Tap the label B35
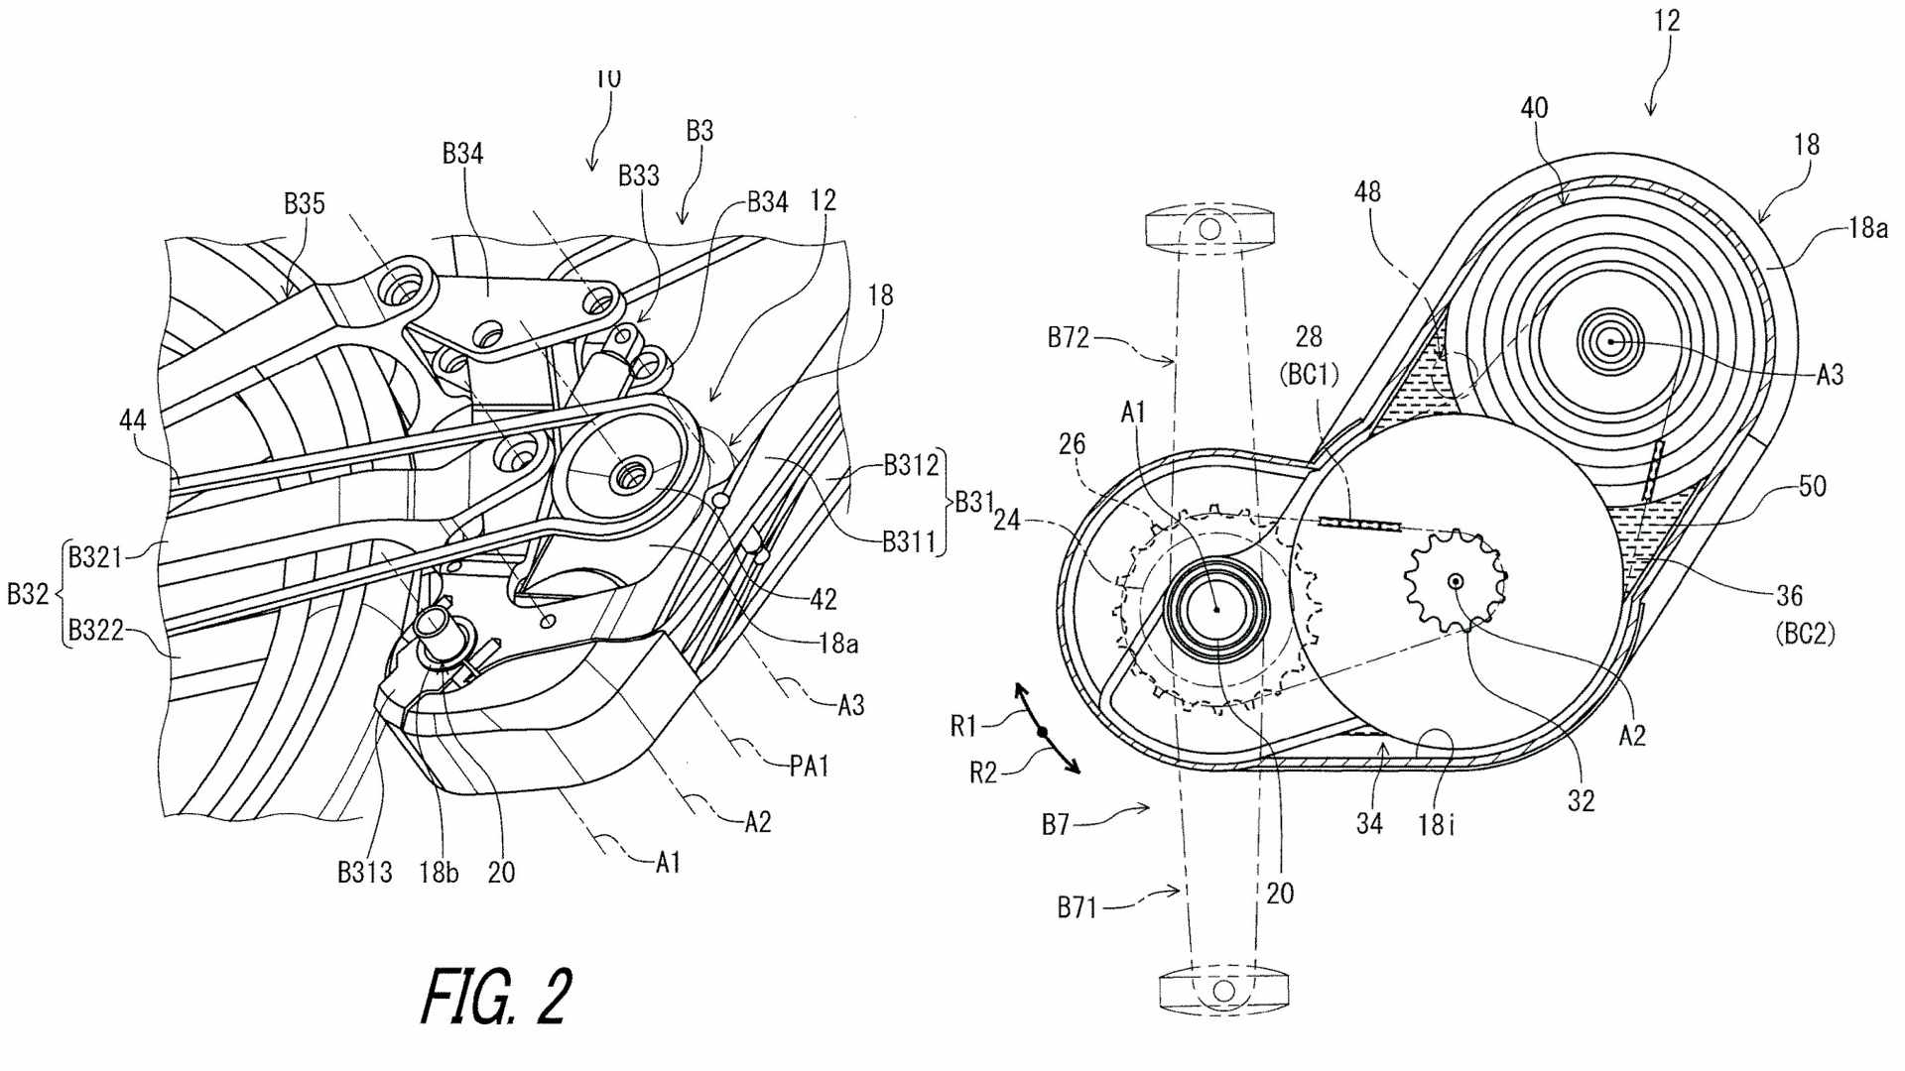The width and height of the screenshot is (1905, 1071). (x=304, y=203)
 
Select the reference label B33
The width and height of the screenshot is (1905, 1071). (x=638, y=176)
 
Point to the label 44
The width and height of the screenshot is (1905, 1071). (x=132, y=420)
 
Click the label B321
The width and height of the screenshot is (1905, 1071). (x=95, y=557)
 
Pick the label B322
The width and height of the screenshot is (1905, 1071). (x=95, y=630)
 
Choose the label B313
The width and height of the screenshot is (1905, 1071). (x=364, y=873)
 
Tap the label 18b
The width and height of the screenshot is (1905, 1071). (x=439, y=873)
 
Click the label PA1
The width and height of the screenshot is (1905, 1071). (x=809, y=766)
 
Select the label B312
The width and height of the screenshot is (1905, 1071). (x=911, y=466)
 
